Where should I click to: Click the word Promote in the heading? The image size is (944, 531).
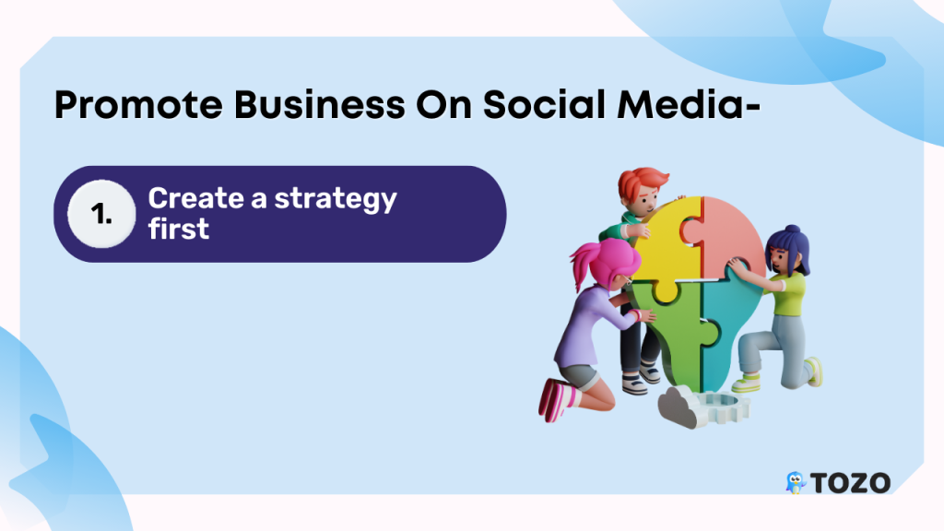tap(138, 106)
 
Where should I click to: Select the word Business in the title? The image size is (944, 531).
tap(320, 104)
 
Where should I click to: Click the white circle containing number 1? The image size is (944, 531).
tap(101, 214)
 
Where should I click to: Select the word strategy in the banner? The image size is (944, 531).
tap(336, 199)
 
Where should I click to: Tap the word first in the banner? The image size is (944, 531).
tap(178, 229)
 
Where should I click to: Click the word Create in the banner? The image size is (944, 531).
tap(195, 198)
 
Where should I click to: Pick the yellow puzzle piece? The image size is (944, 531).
tap(669, 243)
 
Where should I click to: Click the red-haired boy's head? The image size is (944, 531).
tap(642, 190)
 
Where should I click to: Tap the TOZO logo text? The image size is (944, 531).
tap(850, 483)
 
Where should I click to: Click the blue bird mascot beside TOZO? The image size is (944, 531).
tap(796, 482)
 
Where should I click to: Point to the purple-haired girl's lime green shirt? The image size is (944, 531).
tap(787, 293)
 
